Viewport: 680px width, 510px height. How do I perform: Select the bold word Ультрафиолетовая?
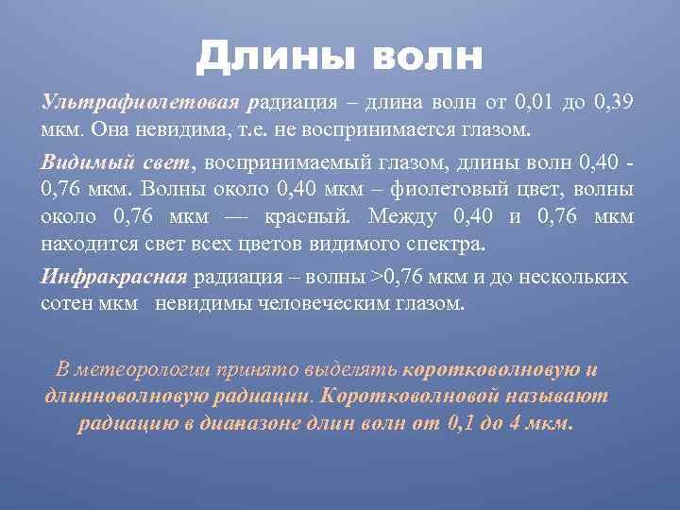pyautogui.click(x=144, y=101)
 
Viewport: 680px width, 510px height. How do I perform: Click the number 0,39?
pyautogui.click(x=615, y=101)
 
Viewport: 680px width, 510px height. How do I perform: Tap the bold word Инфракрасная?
pyautogui.click(x=114, y=278)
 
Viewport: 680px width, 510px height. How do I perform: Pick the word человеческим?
pyautogui.click(x=330, y=304)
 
